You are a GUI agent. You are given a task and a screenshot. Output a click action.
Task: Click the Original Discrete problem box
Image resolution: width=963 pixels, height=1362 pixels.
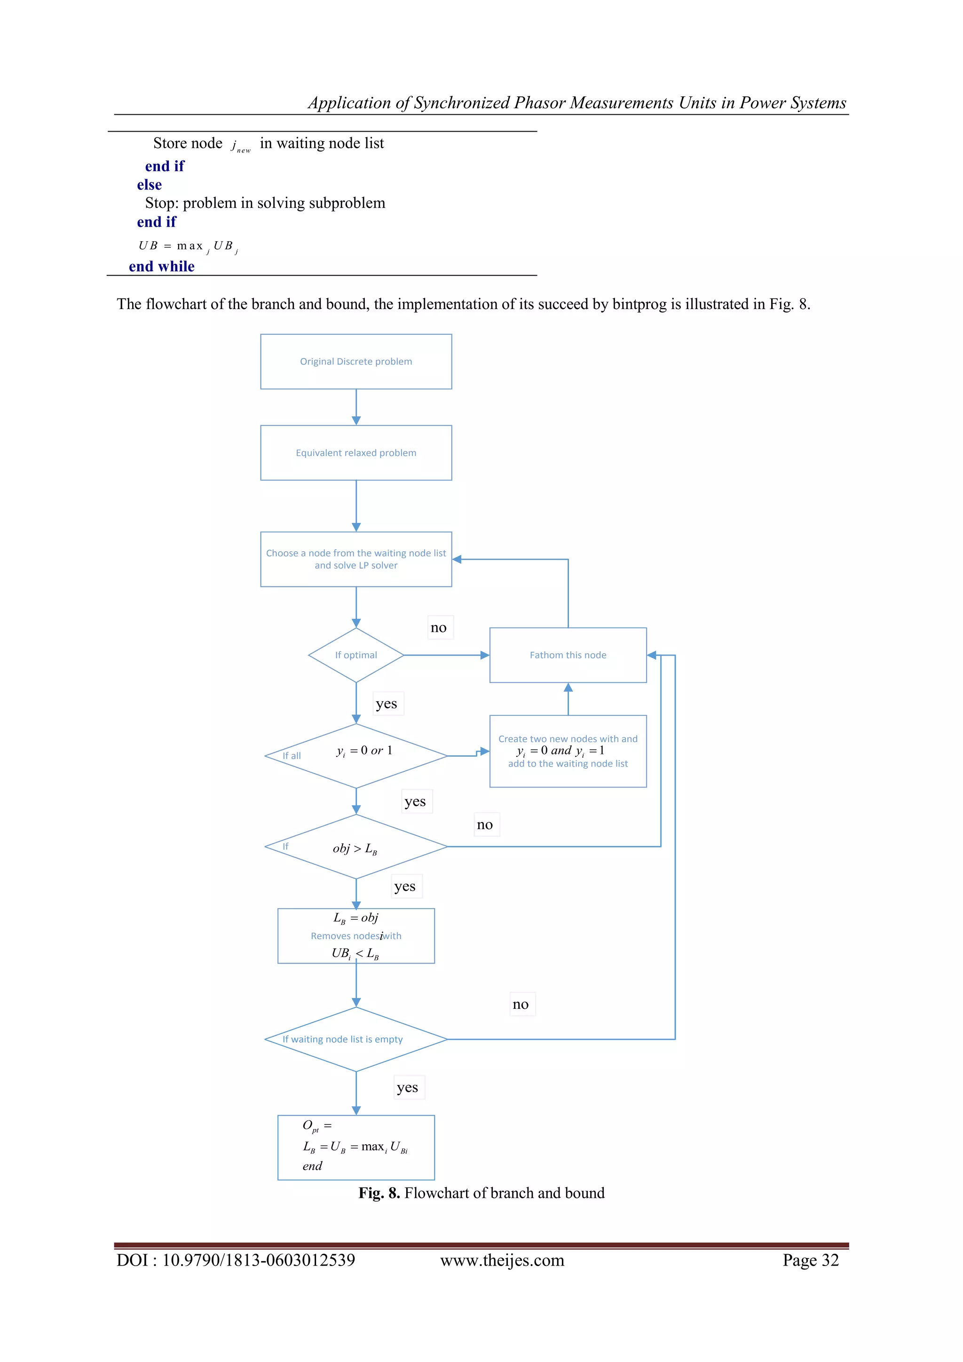tap(356, 361)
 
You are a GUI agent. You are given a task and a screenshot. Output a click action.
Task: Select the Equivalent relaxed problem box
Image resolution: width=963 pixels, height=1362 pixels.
tap(356, 452)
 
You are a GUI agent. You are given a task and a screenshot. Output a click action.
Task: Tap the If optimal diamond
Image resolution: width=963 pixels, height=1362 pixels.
tap(356, 655)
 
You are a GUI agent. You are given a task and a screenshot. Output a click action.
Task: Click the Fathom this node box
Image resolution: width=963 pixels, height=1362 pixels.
tap(568, 655)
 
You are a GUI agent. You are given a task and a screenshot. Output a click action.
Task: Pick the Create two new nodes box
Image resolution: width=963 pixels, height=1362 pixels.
tap(568, 751)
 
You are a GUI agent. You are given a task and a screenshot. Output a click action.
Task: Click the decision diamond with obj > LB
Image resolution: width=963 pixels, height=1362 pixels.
tap(356, 847)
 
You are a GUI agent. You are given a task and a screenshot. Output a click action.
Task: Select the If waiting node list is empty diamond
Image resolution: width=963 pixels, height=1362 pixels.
tap(356, 1039)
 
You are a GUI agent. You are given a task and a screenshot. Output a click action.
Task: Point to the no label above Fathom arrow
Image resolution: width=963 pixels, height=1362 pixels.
tap(439, 627)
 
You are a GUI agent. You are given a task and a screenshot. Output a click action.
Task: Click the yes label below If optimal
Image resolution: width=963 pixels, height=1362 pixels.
tap(387, 704)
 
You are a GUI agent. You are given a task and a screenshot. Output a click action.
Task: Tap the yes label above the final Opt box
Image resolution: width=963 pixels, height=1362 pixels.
tap(407, 1087)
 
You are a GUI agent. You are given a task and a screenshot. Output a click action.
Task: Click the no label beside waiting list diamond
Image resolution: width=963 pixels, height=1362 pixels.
tap(521, 1004)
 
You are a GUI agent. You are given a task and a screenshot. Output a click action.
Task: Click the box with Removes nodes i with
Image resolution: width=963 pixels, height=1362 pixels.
tap(356, 935)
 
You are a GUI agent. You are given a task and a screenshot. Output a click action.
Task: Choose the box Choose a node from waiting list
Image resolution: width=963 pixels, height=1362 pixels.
tap(356, 559)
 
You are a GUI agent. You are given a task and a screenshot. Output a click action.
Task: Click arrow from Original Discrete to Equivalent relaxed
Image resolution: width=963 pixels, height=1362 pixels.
tap(356, 407)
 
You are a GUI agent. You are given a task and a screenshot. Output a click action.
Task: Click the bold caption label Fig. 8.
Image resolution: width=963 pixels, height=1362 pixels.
tap(379, 1193)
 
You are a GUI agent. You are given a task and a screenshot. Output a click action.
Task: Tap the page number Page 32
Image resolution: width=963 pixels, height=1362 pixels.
tap(810, 1260)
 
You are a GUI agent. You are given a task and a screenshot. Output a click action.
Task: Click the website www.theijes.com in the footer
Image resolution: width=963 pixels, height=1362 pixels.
tap(502, 1260)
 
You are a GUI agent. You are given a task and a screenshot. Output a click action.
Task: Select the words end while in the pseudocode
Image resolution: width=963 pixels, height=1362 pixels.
tap(161, 266)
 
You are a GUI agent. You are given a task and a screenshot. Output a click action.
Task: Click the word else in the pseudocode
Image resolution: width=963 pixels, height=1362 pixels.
tap(150, 184)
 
